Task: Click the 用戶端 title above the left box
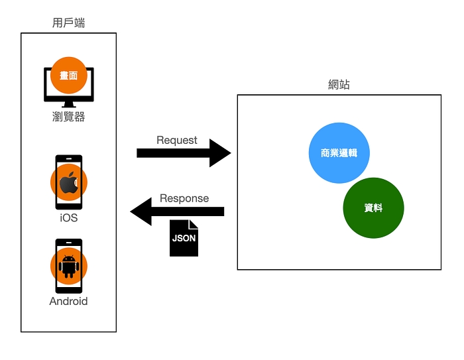click(68, 23)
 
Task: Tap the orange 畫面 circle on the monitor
click(68, 75)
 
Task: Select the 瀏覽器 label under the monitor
click(68, 117)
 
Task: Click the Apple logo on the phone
click(68, 183)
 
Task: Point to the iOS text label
click(68, 217)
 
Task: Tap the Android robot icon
click(68, 265)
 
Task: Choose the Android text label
click(68, 301)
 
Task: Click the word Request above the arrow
click(177, 140)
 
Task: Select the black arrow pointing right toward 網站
click(182, 153)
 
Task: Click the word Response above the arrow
click(184, 198)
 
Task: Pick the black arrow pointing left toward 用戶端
click(178, 211)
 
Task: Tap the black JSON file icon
click(184, 237)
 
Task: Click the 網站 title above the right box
click(339, 85)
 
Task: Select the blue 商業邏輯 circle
click(339, 152)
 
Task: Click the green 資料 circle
click(373, 208)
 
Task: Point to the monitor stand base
click(68, 105)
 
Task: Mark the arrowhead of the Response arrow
click(141, 211)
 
